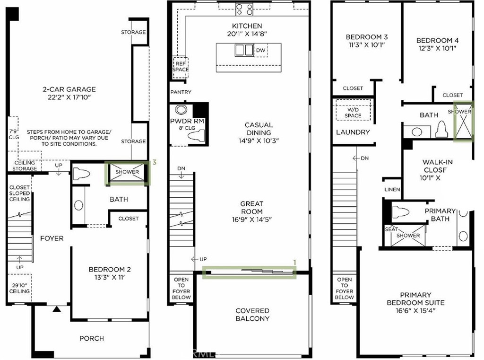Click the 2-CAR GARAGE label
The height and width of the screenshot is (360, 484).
pos(69,89)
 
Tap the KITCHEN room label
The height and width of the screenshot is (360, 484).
pos(247,26)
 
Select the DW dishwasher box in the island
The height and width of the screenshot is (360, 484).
pos(260,50)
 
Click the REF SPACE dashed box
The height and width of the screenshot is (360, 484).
pos(180,67)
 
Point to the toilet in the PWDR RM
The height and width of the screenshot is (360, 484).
pos(196,135)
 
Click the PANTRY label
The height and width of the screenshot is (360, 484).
pos(181,92)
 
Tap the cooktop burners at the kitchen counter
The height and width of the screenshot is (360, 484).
pos(244,9)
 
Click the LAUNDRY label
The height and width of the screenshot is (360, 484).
pos(353,132)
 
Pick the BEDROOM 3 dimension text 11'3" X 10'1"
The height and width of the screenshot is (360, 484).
pos(366,45)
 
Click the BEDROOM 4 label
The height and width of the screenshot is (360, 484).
pos(437,41)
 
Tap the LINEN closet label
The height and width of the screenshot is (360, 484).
pos(392,189)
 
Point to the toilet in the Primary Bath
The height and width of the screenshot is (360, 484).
pos(401,212)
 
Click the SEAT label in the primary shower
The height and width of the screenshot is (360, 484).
pos(391,229)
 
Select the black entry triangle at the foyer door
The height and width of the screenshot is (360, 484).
pos(57,309)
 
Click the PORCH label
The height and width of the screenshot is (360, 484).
pos(92,338)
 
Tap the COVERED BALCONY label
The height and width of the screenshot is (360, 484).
pos(252,315)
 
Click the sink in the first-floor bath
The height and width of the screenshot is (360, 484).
pos(79,205)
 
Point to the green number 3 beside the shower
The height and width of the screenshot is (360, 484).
pos(155,162)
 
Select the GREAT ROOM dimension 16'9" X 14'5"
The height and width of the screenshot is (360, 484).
pos(252,220)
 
